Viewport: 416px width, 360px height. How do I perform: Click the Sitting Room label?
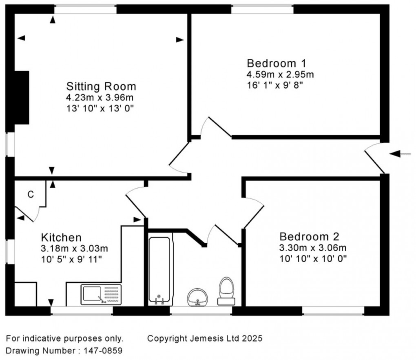[x=101, y=87]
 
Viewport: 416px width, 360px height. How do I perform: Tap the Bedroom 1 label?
[x=277, y=63]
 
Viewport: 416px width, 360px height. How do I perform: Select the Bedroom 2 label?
[x=309, y=237]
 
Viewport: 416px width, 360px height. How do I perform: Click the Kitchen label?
[x=62, y=237]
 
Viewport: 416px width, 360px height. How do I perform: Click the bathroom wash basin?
[x=197, y=297]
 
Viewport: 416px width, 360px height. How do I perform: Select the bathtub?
[x=159, y=269]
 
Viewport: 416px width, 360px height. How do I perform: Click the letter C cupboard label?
[x=31, y=195]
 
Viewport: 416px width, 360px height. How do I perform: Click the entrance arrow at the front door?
[x=400, y=153]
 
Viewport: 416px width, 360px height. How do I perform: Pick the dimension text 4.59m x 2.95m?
[x=280, y=74]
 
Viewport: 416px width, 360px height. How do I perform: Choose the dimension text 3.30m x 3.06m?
[x=312, y=248]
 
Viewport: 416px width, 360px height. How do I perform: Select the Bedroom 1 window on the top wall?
[x=262, y=9]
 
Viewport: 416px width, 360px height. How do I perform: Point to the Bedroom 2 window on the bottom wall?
[x=333, y=311]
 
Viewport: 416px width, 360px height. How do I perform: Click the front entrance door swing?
[x=374, y=157]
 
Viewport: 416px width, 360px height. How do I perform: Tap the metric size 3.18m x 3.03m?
[x=75, y=248]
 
